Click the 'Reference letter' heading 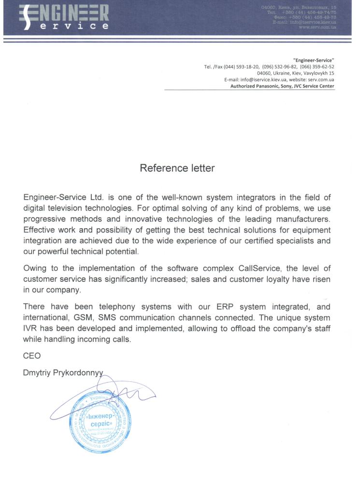pyautogui.click(x=177, y=168)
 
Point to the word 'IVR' pyautogui.click(x=31, y=329)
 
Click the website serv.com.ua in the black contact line pyautogui.click(x=320, y=79)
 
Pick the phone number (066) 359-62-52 pyautogui.click(x=317, y=67)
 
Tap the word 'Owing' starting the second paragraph pyautogui.click(x=36, y=268)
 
